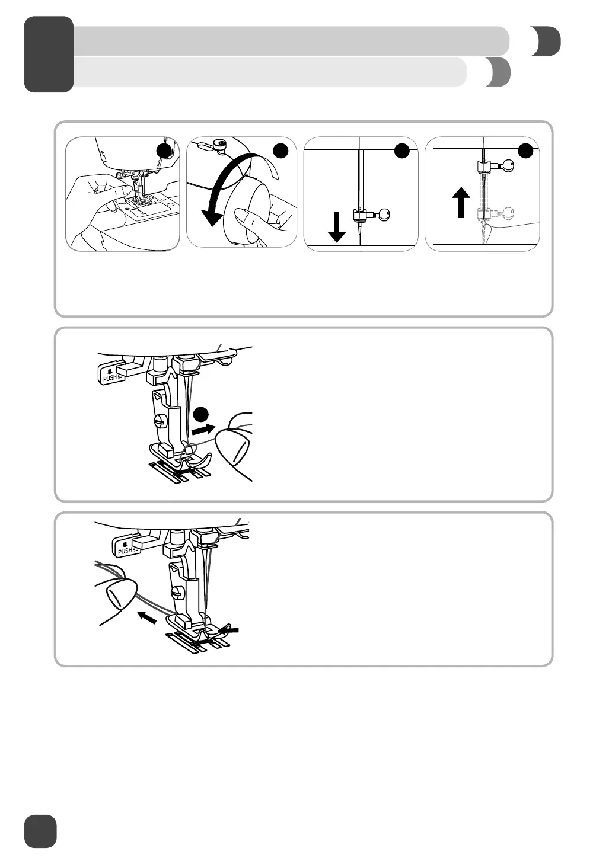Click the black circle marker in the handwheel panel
pos(281,151)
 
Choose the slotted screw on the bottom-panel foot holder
pos(177,592)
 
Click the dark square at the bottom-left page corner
pos(40,831)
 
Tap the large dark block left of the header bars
pos(49,54)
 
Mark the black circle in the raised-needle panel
pos(525,151)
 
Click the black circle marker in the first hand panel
pos(164,151)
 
